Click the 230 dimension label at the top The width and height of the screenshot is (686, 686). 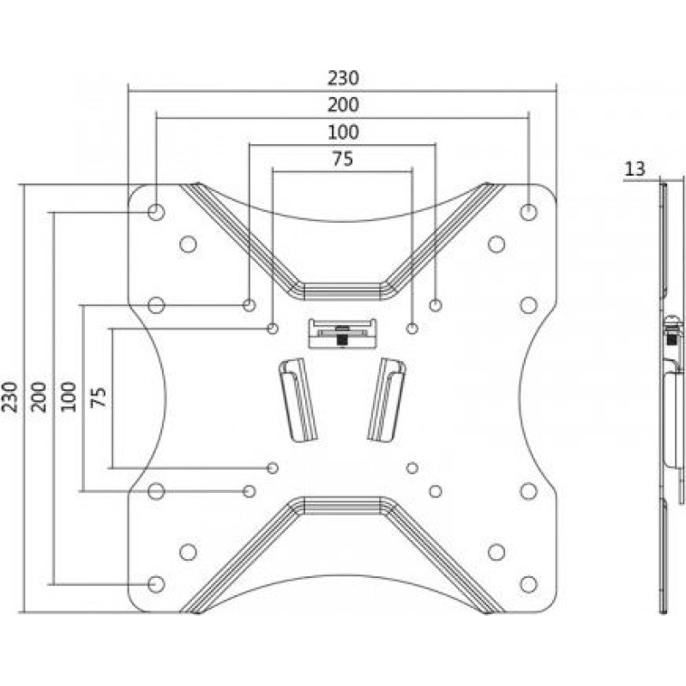(342, 77)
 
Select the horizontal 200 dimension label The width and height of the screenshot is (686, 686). (342, 105)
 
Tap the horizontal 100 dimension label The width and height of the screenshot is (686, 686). (342, 132)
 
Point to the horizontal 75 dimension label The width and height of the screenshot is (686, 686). (342, 159)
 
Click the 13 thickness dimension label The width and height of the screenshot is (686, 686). (635, 169)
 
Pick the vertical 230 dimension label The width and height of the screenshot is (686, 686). (10, 397)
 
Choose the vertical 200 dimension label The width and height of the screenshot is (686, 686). (39, 397)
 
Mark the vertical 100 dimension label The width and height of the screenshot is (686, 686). (69, 397)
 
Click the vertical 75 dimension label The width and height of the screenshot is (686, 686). (99, 397)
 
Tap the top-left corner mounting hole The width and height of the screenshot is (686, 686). (156, 211)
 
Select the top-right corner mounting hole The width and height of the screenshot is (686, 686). (528, 211)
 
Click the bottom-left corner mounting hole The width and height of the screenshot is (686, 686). (156, 583)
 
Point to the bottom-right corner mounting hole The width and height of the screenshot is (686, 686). (528, 583)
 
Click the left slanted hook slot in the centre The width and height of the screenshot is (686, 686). (297, 400)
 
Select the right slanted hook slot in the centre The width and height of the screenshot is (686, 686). (387, 400)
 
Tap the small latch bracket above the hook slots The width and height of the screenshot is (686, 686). (342, 333)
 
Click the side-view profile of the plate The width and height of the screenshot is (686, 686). (666, 396)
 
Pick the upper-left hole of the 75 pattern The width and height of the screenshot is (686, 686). (273, 328)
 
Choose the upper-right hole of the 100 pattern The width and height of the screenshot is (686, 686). (436, 304)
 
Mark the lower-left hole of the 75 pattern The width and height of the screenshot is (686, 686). (273, 467)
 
